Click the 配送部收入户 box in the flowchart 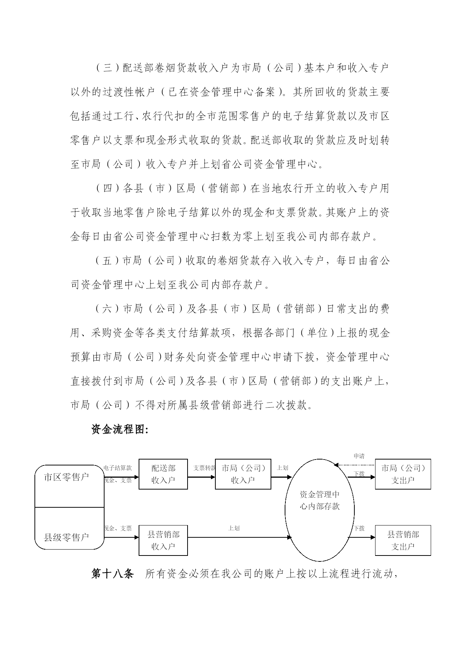coord(163,474)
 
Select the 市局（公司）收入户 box coord(243,474)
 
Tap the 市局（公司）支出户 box coord(403,474)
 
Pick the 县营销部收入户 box coord(163,540)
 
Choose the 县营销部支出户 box coord(403,540)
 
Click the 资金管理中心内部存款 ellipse coord(320,510)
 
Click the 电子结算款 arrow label coord(118,468)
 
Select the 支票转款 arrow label coord(204,468)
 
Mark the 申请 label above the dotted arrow coord(359,456)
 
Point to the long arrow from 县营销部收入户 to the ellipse coord(239,537)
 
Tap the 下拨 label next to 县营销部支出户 coord(359,528)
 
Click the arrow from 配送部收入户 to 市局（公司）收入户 coord(201,477)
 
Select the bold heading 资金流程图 coord(120,430)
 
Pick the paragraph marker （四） coord(107,188)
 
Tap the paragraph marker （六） coord(107,309)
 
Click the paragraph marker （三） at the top coord(107,68)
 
